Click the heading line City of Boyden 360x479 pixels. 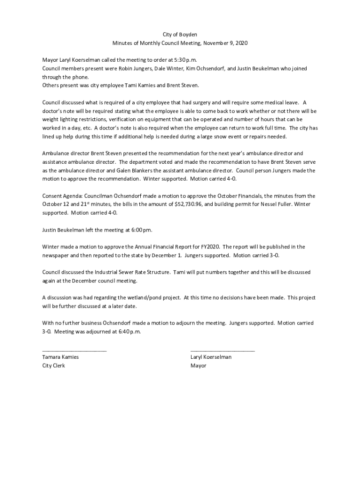[180, 35]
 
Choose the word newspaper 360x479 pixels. [57, 255]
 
